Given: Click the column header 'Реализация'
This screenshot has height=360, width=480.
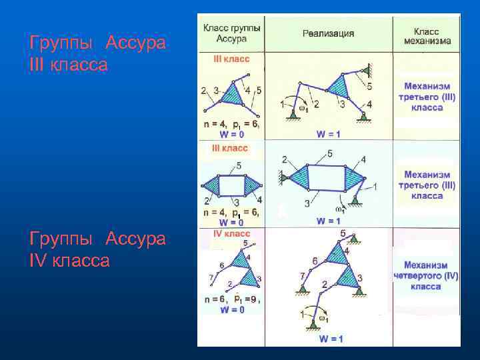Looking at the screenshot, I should click(328, 33).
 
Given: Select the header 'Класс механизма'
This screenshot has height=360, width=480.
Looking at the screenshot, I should click(427, 35).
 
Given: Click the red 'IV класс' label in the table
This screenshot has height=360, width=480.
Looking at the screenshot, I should click(231, 234).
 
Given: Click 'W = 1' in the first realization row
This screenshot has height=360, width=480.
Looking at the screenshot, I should click(328, 134).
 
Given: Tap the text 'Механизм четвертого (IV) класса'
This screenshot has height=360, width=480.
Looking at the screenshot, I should click(427, 275).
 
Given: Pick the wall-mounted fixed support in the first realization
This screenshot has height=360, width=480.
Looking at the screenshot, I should click(367, 69).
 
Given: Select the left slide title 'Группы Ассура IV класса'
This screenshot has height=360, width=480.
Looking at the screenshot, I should click(97, 249).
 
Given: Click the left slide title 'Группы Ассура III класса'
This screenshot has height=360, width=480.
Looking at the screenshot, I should click(97, 55).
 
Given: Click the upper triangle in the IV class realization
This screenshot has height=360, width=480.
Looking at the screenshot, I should click(338, 254).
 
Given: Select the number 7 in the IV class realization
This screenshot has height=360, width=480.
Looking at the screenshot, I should click(303, 275).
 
